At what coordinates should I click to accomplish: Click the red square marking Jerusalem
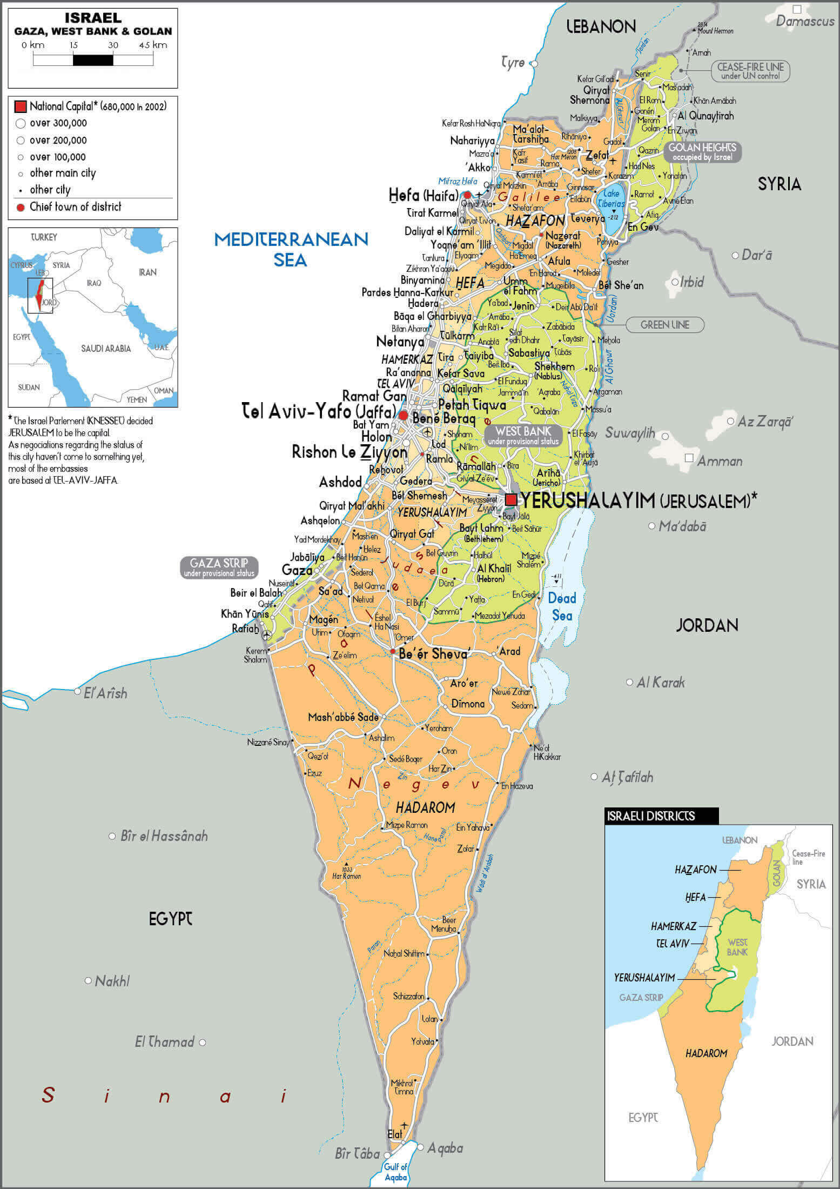click(511, 499)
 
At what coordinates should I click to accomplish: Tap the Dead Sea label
click(562, 606)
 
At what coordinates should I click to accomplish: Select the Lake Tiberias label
click(611, 198)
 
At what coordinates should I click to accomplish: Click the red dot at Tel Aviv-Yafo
click(403, 415)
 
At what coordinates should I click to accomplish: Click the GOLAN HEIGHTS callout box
click(702, 152)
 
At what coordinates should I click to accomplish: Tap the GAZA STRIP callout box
click(219, 567)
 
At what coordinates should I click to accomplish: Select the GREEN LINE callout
click(664, 325)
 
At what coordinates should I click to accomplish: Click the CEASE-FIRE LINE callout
click(750, 71)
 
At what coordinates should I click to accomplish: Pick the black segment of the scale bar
click(93, 60)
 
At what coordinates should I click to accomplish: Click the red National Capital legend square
click(21, 106)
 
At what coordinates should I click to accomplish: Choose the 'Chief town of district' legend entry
click(75, 206)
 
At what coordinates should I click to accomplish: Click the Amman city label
click(720, 461)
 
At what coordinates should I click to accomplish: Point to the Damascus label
click(805, 21)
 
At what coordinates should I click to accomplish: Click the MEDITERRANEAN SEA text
click(291, 249)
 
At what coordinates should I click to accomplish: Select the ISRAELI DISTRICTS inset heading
click(651, 816)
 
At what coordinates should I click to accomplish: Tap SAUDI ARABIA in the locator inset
click(106, 349)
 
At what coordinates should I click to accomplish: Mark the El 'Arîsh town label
click(105, 693)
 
